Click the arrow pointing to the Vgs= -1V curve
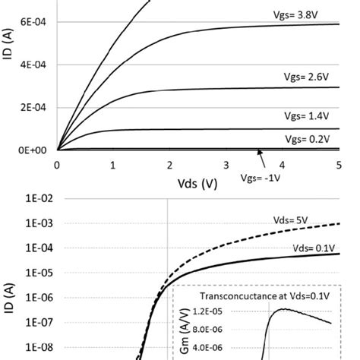pyautogui.click(x=262, y=158)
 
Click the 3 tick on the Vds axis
pyautogui.click(x=226, y=164)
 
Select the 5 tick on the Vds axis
pyautogui.click(x=338, y=164)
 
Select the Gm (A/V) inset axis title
pyautogui.click(x=185, y=333)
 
